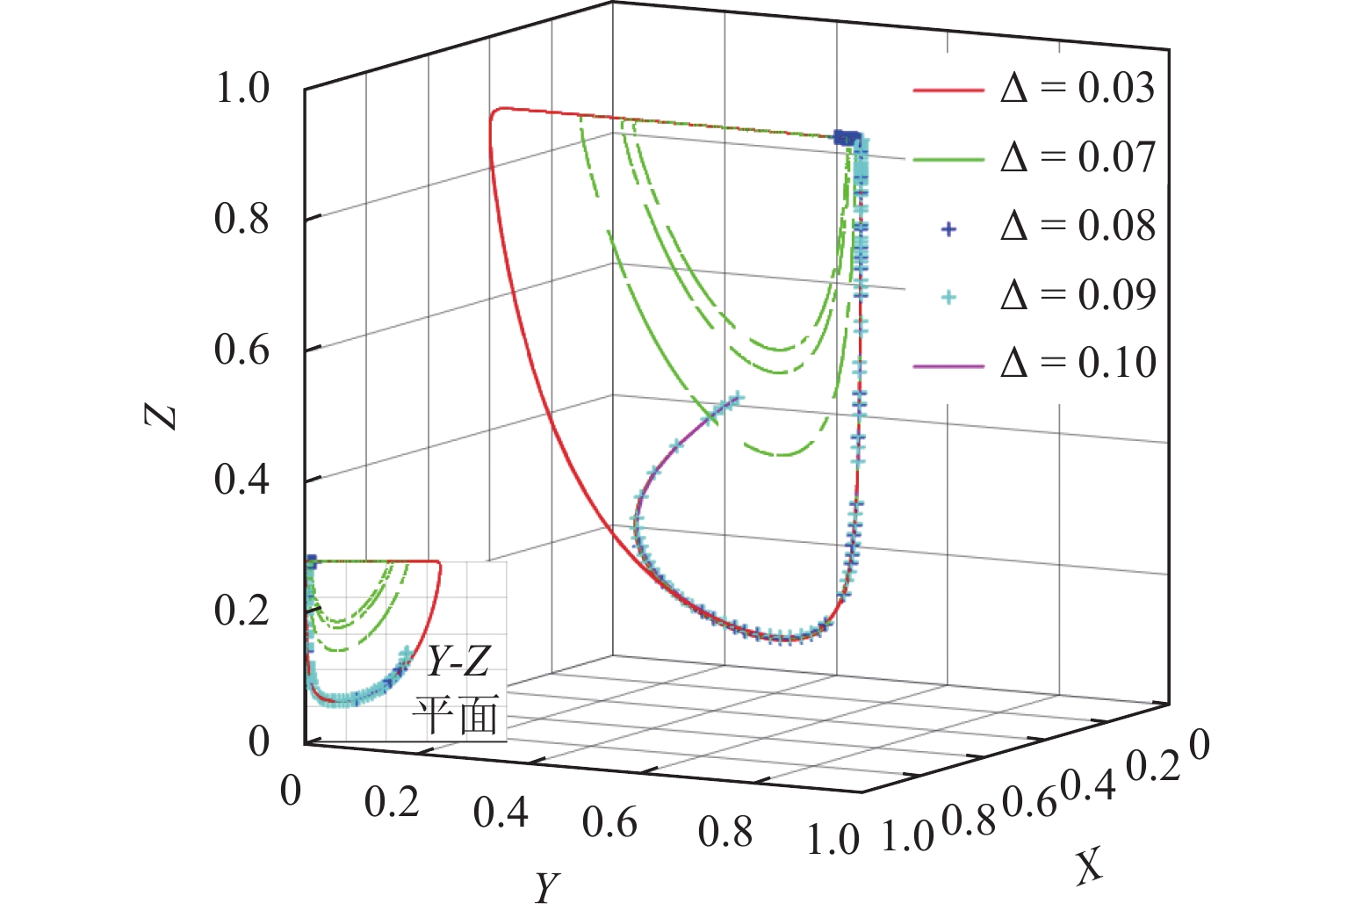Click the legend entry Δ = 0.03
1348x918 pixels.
(1078, 89)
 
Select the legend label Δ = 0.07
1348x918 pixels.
(1078, 157)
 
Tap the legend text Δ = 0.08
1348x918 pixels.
(1078, 226)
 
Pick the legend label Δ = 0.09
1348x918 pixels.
(1078, 294)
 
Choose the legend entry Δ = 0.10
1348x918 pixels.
(1078, 363)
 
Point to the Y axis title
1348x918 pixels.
(546, 888)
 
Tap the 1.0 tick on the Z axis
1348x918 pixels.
(241, 89)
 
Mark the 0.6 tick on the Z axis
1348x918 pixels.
(241, 351)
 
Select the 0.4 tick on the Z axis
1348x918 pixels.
(241, 481)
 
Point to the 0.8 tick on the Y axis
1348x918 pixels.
(725, 832)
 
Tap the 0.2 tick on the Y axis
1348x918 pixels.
(392, 802)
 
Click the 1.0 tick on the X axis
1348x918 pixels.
(907, 835)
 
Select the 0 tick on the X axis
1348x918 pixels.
(1199, 746)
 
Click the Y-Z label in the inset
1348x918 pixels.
(458, 661)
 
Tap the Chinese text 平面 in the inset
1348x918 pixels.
(457, 714)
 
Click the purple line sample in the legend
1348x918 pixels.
(948, 364)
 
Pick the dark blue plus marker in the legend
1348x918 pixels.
(948, 228)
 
